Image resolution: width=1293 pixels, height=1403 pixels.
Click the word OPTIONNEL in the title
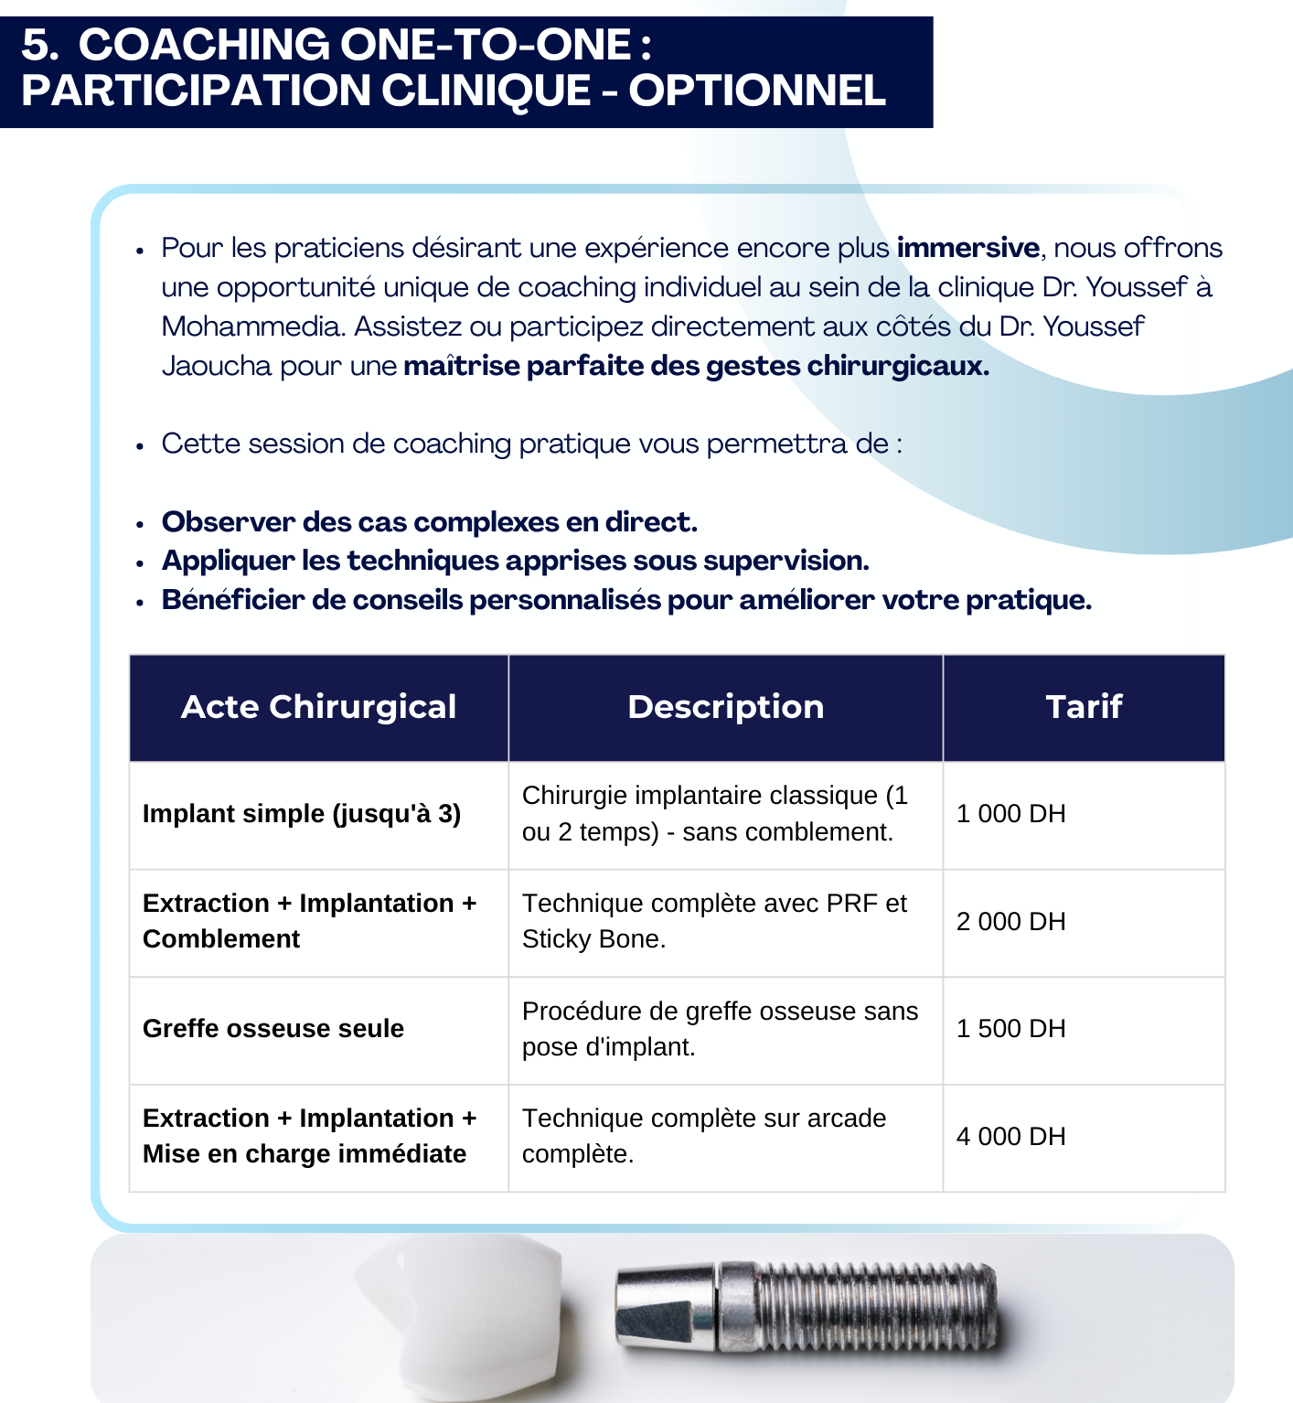pos(757,91)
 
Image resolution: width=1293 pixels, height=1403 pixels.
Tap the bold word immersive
pos(967,248)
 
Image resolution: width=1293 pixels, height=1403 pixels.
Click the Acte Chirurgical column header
pos(318,707)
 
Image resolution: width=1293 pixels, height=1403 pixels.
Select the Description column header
pos(725,707)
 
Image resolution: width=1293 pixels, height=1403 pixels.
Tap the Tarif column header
pos(1084,707)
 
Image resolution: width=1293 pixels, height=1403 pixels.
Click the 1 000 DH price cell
pos(1010,814)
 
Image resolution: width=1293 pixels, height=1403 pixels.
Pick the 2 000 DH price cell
pos(1010,922)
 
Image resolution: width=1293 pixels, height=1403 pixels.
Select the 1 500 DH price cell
pos(1010,1029)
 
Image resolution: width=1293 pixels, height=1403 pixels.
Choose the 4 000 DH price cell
pos(1010,1137)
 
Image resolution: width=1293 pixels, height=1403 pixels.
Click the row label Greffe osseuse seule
pos(272,1029)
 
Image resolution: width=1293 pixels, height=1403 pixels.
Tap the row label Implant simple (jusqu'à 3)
pos(301,814)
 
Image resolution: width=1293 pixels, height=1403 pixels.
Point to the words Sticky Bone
pos(593,939)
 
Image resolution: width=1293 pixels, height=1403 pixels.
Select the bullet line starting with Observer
pos(429,522)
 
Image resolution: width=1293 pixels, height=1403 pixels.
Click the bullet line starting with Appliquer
pos(515,561)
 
